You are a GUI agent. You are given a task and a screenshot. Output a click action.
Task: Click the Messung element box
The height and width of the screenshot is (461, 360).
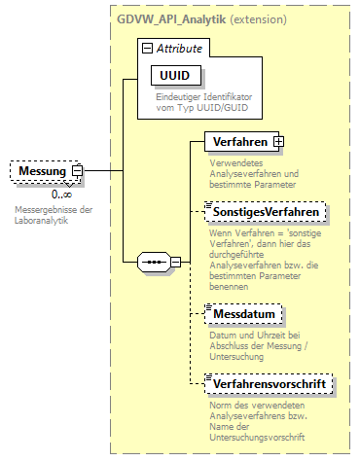click(40, 171)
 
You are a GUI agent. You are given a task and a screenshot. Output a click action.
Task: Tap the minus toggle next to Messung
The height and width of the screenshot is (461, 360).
click(78, 171)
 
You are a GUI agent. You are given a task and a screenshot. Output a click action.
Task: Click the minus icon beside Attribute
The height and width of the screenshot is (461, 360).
click(146, 47)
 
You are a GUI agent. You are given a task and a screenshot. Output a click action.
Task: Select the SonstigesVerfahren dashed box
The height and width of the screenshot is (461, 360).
click(266, 212)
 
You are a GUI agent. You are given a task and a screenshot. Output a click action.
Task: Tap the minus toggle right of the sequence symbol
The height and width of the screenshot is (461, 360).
click(175, 261)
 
